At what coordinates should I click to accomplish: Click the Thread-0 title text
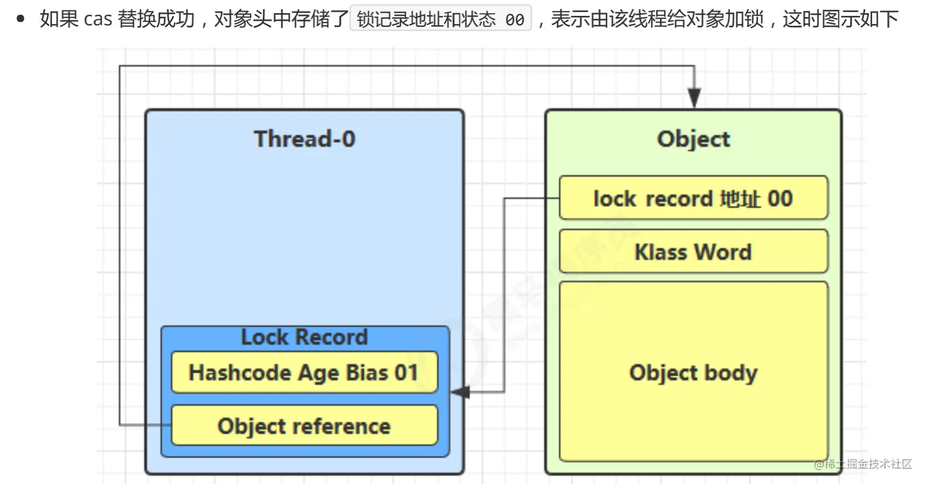pyautogui.click(x=304, y=138)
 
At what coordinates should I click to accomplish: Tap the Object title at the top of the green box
pyautogui.click(x=693, y=139)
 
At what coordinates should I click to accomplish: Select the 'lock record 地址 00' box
pyautogui.click(x=693, y=198)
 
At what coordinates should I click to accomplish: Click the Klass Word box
pyautogui.click(x=693, y=252)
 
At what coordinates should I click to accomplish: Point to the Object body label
pyautogui.click(x=693, y=373)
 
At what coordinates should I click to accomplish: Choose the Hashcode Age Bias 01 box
pyautogui.click(x=304, y=372)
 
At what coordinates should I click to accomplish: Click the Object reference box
pyautogui.click(x=304, y=425)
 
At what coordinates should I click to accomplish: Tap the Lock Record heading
pyautogui.click(x=304, y=337)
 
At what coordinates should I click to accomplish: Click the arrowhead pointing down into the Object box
pyautogui.click(x=694, y=98)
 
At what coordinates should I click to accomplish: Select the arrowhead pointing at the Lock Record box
pyautogui.click(x=460, y=391)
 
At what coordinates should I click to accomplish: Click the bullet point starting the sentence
pyautogui.click(x=20, y=18)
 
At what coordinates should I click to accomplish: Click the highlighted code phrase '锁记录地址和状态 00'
pyautogui.click(x=440, y=18)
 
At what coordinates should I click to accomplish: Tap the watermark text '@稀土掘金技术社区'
pyautogui.click(x=863, y=464)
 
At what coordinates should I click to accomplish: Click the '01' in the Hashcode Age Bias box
pyautogui.click(x=407, y=372)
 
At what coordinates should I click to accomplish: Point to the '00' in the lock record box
pyautogui.click(x=780, y=199)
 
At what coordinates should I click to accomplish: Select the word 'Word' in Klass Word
pyautogui.click(x=723, y=252)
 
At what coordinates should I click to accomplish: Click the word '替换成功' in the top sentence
pyautogui.click(x=156, y=19)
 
